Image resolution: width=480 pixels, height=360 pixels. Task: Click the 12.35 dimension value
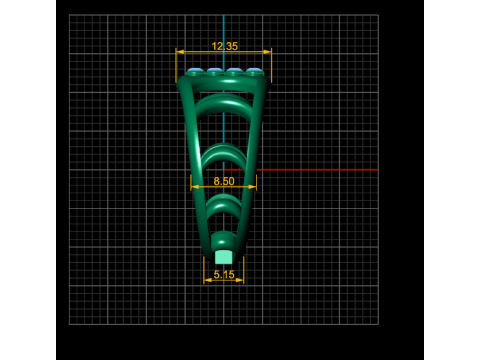(x=225, y=46)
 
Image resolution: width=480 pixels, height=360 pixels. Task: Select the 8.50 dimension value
(x=224, y=181)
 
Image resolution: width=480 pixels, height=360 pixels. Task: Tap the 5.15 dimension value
(x=224, y=275)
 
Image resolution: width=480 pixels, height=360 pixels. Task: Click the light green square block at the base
(x=223, y=257)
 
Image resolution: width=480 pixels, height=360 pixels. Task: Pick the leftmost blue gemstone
(x=195, y=70)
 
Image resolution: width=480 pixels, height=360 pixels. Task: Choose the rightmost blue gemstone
(x=254, y=70)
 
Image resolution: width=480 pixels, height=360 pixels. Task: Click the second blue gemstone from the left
(x=214, y=70)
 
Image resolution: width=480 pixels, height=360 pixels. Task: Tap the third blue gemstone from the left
(x=234, y=70)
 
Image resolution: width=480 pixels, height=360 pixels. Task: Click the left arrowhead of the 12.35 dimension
(x=180, y=52)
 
